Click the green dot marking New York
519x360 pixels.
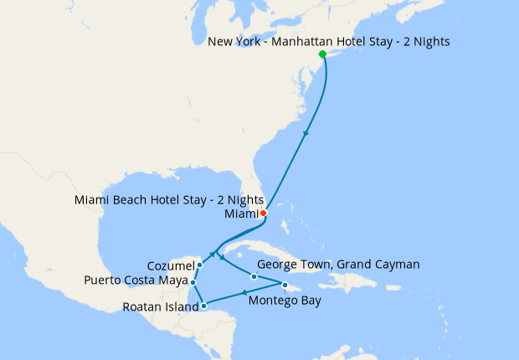pos(322,54)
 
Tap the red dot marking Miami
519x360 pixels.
pos(263,213)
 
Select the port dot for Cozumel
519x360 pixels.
pos(199,265)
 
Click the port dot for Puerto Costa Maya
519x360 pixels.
pos(193,283)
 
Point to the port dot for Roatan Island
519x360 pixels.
pos(204,306)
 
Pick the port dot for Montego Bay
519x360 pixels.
pos(285,288)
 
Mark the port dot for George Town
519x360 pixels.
pos(254,276)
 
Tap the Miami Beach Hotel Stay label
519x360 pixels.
pos(169,200)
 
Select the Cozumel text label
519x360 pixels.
pos(171,265)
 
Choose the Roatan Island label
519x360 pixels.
pos(161,306)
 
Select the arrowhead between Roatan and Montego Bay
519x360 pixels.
pos(244,293)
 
